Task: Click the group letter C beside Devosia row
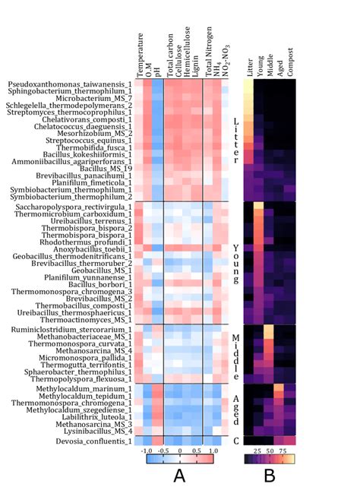tap(235, 441)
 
